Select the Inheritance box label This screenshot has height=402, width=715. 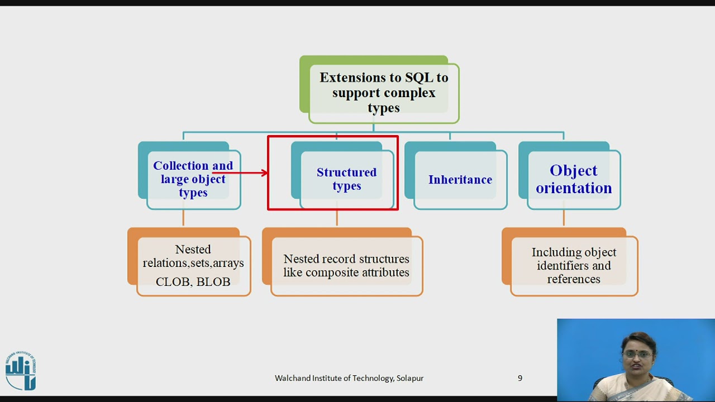click(x=460, y=180)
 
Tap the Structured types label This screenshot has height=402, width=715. click(x=346, y=179)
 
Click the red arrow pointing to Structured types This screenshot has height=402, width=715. click(x=240, y=173)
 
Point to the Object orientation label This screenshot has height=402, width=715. click(x=574, y=179)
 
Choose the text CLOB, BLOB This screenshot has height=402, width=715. click(x=193, y=282)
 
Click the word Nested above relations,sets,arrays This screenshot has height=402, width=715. click(x=193, y=250)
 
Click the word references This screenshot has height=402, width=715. click(x=574, y=279)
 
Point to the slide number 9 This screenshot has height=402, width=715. click(x=519, y=378)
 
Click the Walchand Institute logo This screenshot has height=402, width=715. click(x=21, y=371)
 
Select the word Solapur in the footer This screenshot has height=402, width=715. click(x=410, y=379)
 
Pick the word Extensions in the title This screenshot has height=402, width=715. click(x=352, y=78)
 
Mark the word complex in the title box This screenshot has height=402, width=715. click(x=412, y=93)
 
